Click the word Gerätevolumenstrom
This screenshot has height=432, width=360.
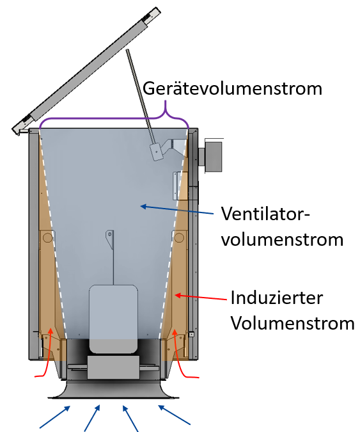[232, 89]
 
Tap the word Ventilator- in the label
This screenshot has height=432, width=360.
[265, 214]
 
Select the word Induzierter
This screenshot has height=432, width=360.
[277, 298]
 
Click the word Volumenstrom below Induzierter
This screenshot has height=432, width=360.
[292, 323]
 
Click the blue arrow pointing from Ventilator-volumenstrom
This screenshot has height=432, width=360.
[176, 210]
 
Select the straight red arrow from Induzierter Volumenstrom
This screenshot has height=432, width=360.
[201, 297]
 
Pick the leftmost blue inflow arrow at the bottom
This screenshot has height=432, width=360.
[55, 417]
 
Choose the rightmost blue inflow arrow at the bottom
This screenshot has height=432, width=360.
[174, 415]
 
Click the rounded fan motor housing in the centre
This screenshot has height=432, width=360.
[113, 319]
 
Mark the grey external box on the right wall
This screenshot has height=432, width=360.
[213, 156]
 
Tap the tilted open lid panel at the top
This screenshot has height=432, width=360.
[86, 71]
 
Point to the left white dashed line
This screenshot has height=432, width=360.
[53, 234]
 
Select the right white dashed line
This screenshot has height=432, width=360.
[173, 234]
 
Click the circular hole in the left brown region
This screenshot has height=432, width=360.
[47, 237]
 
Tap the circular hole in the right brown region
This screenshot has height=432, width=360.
[179, 237]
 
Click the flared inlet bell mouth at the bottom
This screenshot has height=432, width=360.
[113, 390]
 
